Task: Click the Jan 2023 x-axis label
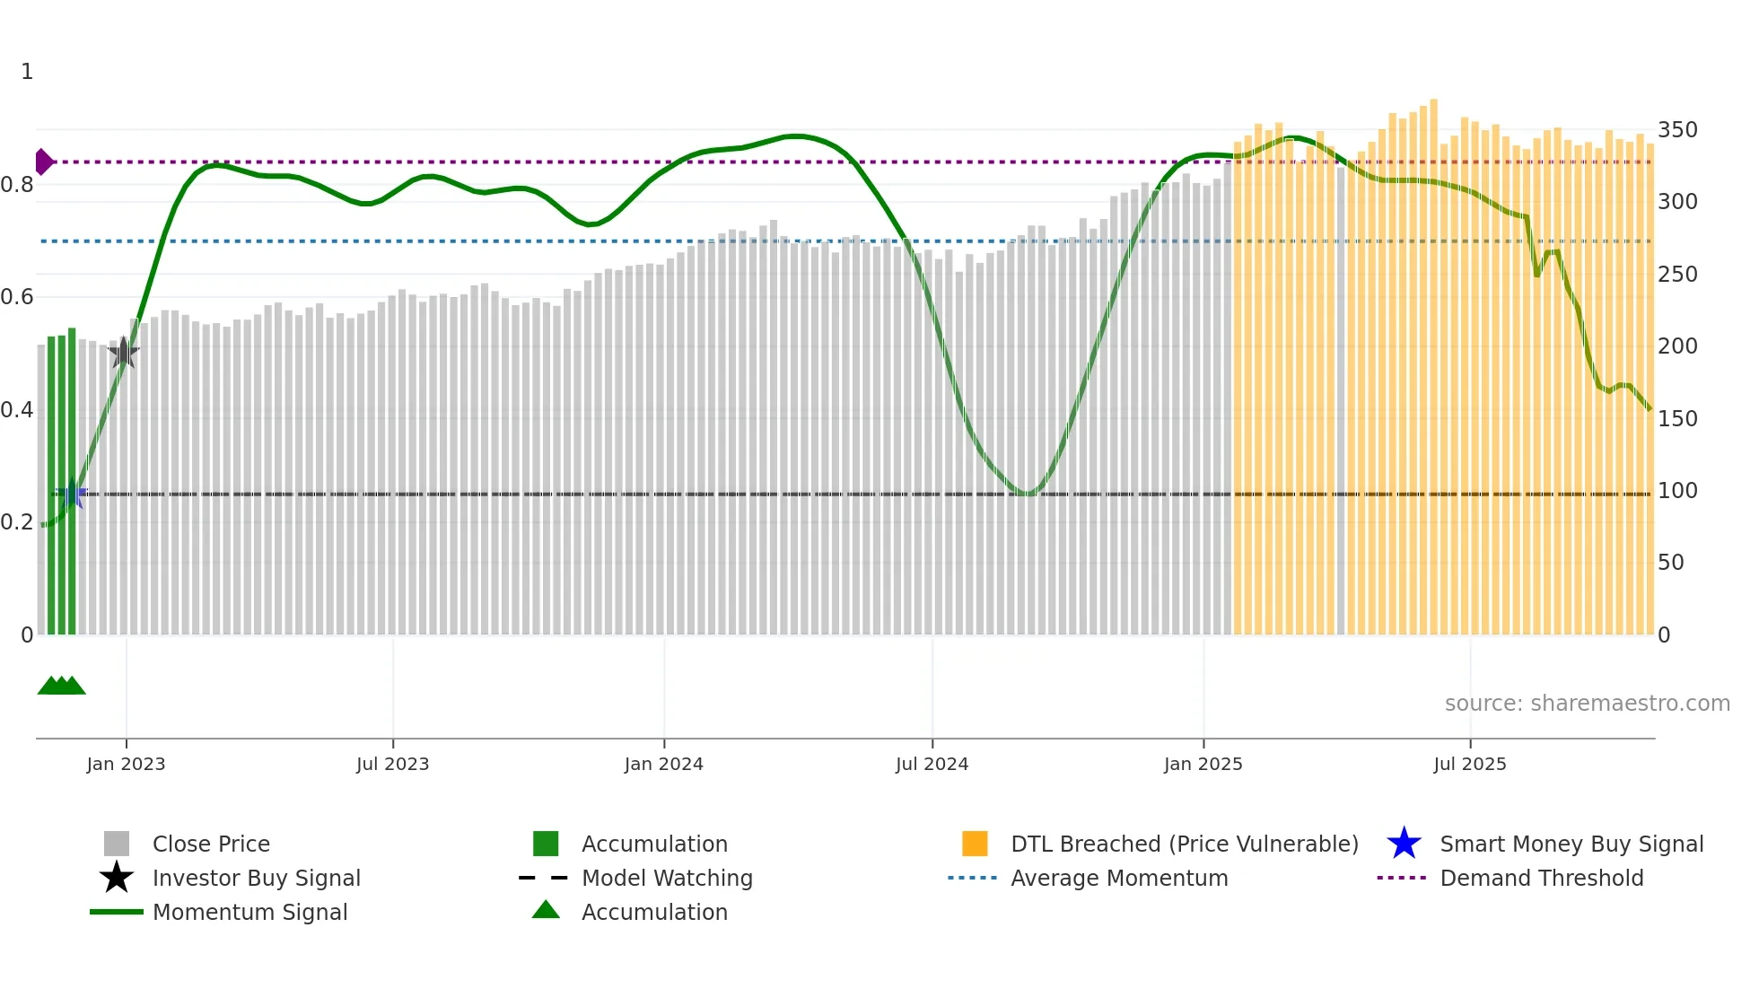pyautogui.click(x=126, y=764)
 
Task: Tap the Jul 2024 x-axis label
pyautogui.click(x=932, y=764)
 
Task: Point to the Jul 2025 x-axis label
pyautogui.click(x=1469, y=764)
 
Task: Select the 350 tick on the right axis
pyautogui.click(x=1676, y=130)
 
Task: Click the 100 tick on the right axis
pyautogui.click(x=1676, y=491)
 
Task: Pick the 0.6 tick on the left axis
pyautogui.click(x=17, y=297)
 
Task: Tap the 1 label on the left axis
pyautogui.click(x=27, y=72)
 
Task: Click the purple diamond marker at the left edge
pyautogui.click(x=43, y=162)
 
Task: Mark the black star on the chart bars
pyautogui.click(x=123, y=353)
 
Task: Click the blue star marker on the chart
pyautogui.click(x=72, y=494)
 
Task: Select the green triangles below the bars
pyautogui.click(x=61, y=686)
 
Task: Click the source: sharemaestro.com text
pyautogui.click(x=1587, y=704)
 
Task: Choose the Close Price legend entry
pyautogui.click(x=211, y=844)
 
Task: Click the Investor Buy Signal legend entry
pyautogui.click(x=256, y=878)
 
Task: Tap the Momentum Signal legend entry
pyautogui.click(x=249, y=912)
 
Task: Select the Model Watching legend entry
pyautogui.click(x=666, y=878)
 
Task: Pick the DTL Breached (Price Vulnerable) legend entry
pyautogui.click(x=1184, y=844)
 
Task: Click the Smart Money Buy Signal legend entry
pyautogui.click(x=1571, y=844)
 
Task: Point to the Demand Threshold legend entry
pyautogui.click(x=1541, y=878)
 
